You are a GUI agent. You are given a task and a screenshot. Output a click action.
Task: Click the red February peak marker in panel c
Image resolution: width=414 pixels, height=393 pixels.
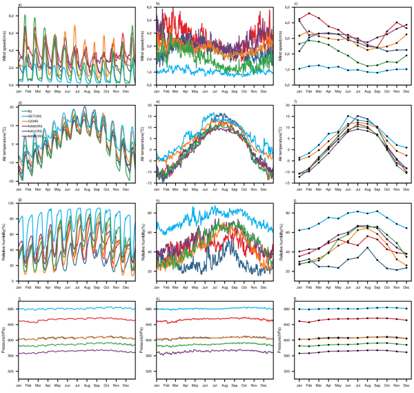[309, 13]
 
